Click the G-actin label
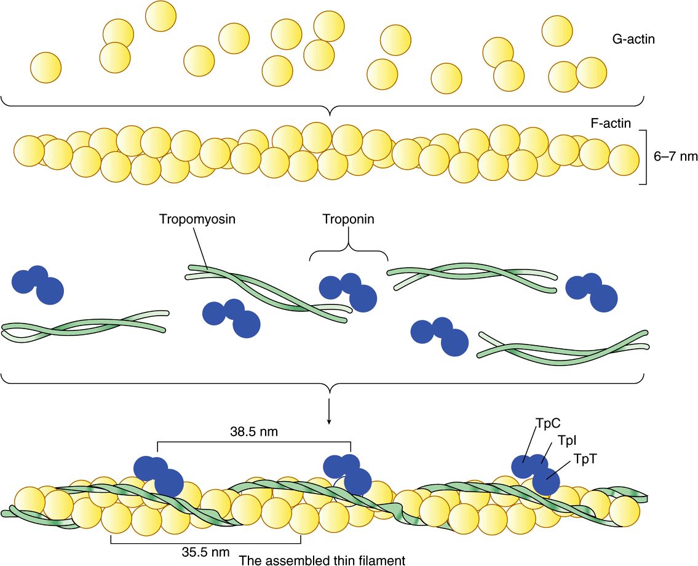633,39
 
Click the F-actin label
611,123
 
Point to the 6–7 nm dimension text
675,157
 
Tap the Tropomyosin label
197,219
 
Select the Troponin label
349,219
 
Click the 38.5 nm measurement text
254,431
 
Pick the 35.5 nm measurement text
205,552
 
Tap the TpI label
566,441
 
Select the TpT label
585,459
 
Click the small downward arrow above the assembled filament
329,411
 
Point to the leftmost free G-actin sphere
46,68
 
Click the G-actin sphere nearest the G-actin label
557,31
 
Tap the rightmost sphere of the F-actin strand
624,160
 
